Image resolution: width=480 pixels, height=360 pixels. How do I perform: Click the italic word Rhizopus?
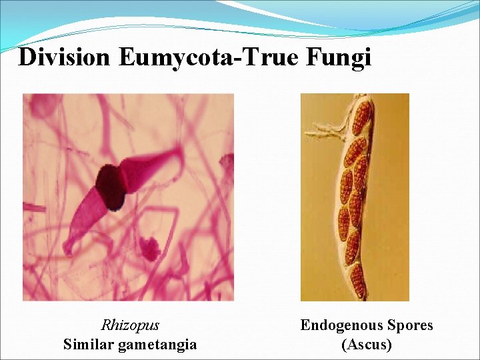pos(130,325)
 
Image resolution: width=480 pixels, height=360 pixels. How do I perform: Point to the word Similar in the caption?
pos(90,344)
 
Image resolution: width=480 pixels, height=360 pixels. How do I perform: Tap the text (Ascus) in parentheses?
pos(366,344)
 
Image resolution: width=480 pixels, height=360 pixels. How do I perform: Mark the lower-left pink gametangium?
pos(87,213)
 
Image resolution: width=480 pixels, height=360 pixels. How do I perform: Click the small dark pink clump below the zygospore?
pos(150,249)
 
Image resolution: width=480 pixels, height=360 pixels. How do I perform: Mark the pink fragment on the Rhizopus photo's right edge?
pos(228,163)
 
